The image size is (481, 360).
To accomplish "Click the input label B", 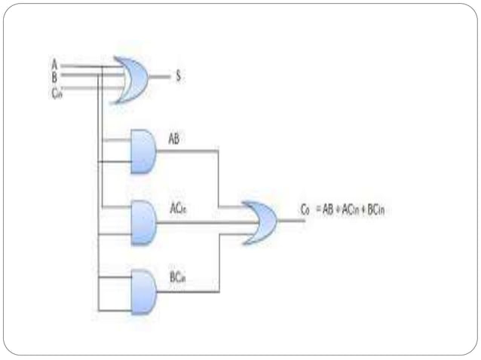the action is [54, 74].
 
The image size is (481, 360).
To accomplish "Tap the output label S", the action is [179, 75].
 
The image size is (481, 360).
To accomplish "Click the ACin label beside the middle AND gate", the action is [178, 211].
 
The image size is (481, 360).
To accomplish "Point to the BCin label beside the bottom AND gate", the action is [177, 278].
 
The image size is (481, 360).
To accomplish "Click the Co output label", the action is [305, 211].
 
